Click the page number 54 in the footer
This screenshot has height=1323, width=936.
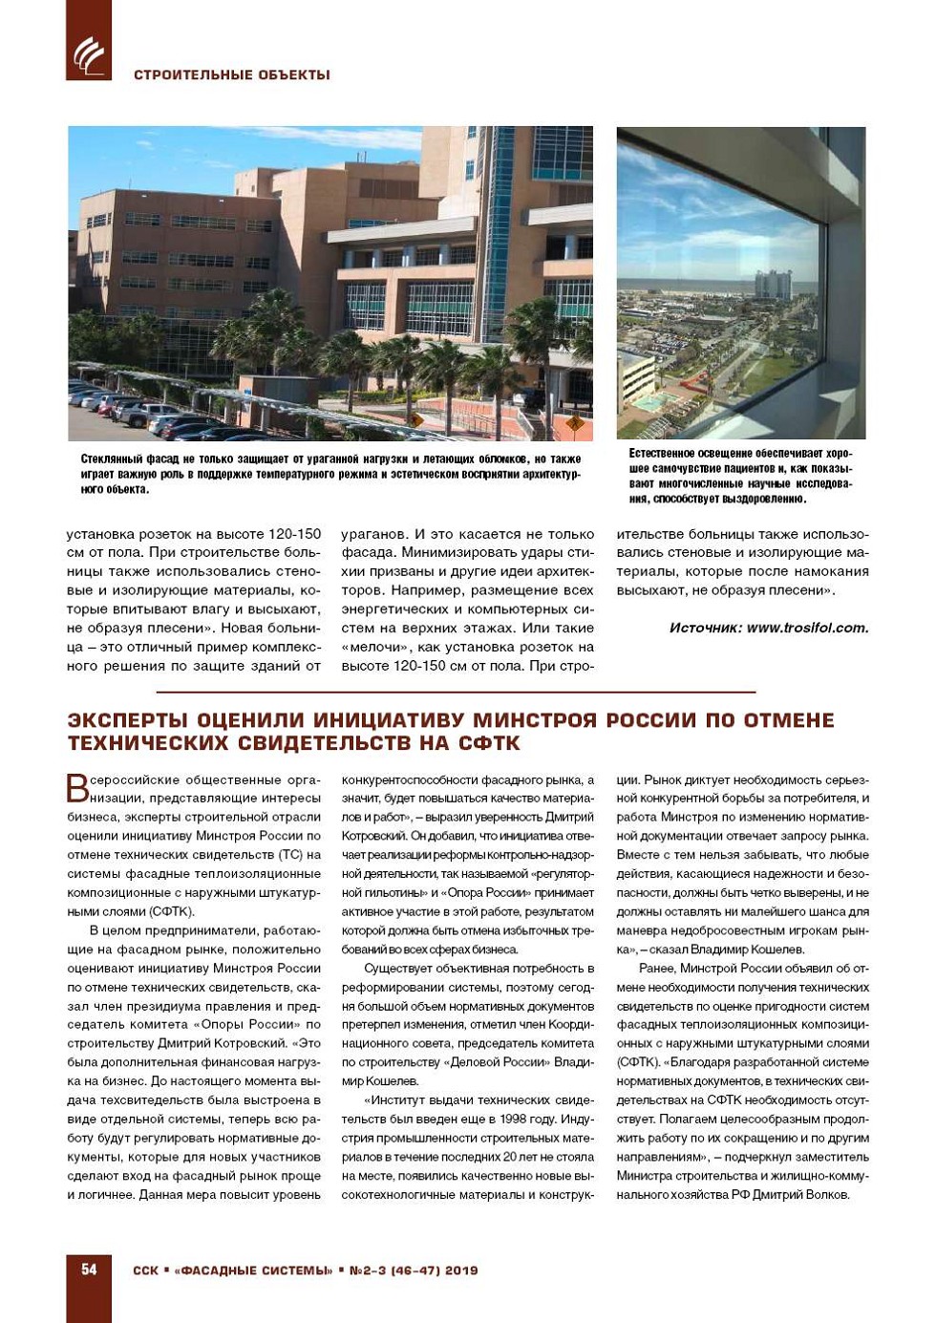[x=89, y=1270]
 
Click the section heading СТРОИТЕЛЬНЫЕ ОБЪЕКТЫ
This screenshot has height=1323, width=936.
[x=232, y=75]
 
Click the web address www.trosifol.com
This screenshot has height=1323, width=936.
[x=808, y=628]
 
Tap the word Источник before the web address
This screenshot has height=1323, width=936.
[x=705, y=628]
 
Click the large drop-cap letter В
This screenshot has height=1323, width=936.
[x=77, y=788]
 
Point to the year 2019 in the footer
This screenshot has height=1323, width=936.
[x=461, y=1270]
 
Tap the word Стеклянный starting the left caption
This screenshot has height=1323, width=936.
[x=113, y=459]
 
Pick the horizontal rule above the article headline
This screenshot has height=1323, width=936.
[x=456, y=691]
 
